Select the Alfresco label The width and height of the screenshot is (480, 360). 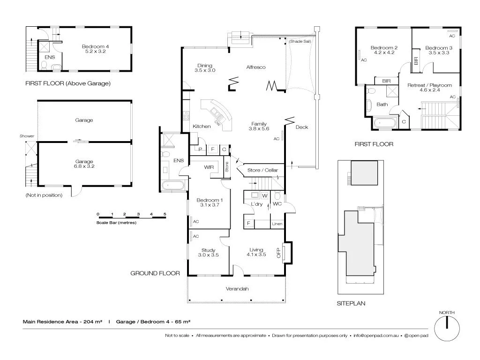coord(256,67)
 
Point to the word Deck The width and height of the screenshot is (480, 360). coord(302,127)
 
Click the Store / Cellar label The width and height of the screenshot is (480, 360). coord(262,170)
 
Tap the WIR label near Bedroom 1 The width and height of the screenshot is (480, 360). coord(209,167)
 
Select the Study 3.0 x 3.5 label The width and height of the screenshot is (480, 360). coord(208,252)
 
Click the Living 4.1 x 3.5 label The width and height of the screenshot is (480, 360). coord(256,252)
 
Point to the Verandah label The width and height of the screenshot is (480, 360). coord(237,289)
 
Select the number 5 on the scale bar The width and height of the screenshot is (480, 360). coord(165,214)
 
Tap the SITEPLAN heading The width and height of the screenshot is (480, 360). coord(351,304)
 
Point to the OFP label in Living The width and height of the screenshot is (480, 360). coord(278,253)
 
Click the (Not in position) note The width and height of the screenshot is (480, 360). coord(44,195)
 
